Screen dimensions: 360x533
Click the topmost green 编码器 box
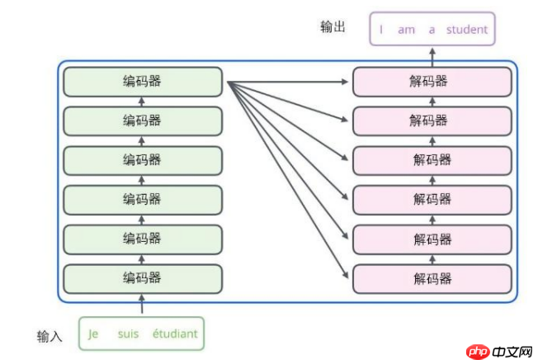[142, 81]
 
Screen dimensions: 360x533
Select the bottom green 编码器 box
[142, 277]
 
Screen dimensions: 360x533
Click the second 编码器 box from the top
[142, 121]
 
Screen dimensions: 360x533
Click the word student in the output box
[467, 30]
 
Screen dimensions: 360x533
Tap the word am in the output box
[406, 30]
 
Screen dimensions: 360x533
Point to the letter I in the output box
[381, 30]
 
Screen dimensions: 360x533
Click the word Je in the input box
[93, 334]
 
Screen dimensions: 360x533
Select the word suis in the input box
[128, 334]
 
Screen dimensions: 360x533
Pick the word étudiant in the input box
[174, 334]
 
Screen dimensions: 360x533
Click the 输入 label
[50, 336]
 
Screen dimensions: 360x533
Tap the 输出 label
[333, 27]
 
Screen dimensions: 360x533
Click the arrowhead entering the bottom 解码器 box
[347, 277]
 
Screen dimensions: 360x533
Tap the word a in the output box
[432, 30]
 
